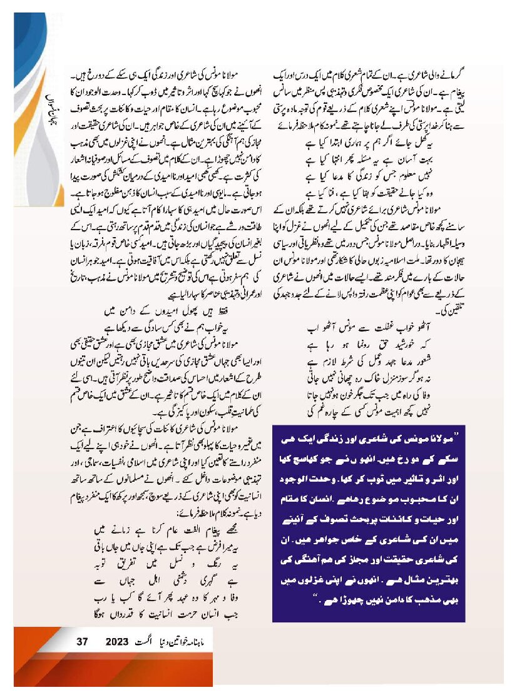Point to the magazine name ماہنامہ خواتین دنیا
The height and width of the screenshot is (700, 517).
coord(207,641)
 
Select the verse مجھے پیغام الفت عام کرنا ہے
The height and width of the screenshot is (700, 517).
coord(165,529)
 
